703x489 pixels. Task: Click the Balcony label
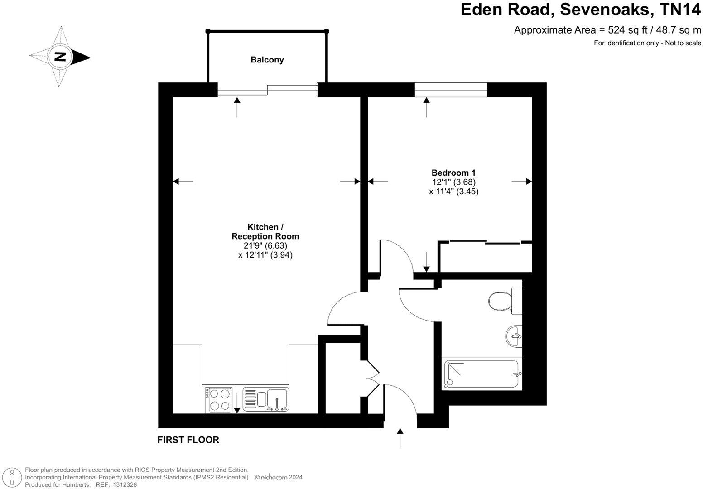pos(267,60)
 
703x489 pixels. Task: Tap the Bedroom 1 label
pos(453,173)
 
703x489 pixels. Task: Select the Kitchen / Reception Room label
pos(265,231)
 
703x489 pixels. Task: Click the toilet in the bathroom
pos(503,300)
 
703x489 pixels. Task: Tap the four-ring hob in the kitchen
pos(219,400)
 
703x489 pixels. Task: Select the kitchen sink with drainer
pos(266,399)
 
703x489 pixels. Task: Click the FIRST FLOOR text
pos(188,440)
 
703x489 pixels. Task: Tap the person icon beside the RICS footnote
pos(12,477)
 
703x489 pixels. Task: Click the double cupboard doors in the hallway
pos(372,378)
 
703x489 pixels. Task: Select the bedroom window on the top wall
pos(451,90)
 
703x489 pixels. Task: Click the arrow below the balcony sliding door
pos(237,107)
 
